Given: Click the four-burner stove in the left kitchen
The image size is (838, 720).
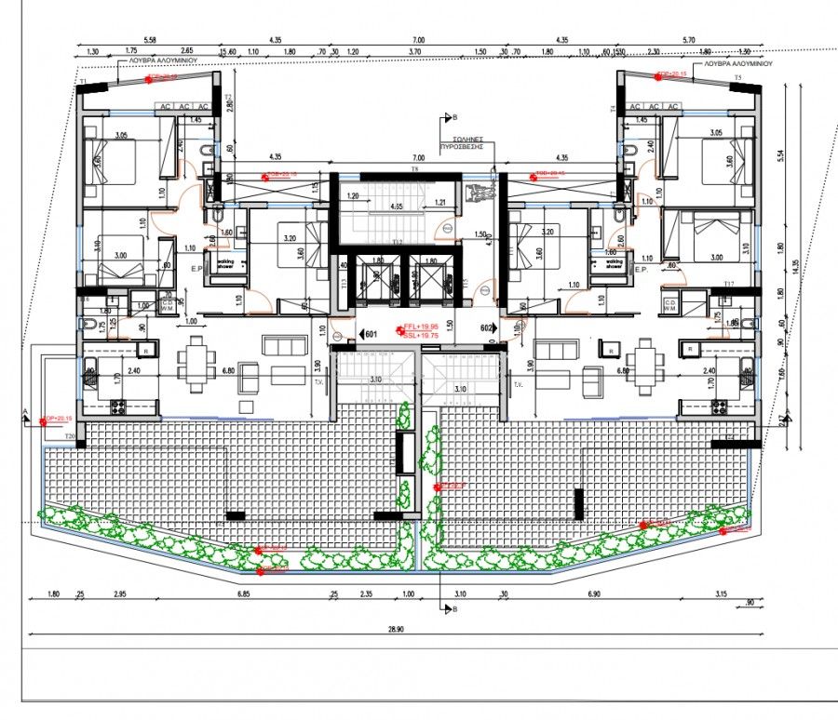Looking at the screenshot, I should coord(118,407).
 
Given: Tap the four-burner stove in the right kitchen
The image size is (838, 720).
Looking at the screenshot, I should coord(719,407).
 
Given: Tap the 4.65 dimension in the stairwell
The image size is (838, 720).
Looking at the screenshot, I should coord(398,206).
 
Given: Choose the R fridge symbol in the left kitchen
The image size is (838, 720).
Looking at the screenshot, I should coord(147,350).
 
